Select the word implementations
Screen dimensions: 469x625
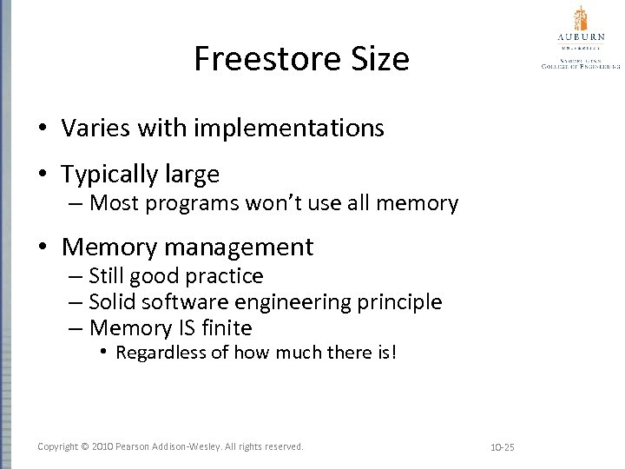[x=291, y=129]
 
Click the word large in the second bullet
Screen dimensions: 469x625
[x=192, y=175]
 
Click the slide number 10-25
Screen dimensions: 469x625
[x=503, y=447]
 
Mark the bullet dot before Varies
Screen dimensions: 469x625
[x=43, y=129]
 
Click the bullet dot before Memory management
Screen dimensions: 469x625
[x=43, y=248]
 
